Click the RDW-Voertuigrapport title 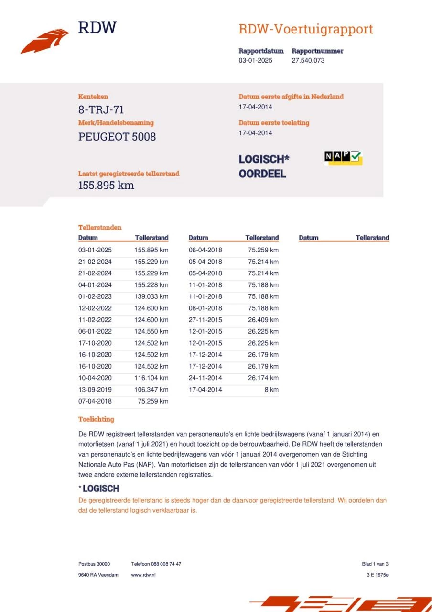305,29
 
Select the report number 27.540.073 308,60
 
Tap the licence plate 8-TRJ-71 101,109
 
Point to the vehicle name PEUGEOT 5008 117,137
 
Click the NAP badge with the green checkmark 343,157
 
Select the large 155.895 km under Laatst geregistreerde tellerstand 106,186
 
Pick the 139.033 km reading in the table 151,296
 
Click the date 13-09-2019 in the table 95,390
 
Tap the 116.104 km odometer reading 151,378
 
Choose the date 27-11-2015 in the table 205,320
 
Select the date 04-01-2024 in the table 95,285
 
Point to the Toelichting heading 96,419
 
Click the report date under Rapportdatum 256,60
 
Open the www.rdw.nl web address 143,575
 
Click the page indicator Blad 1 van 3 375,564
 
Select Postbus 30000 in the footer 94,564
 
